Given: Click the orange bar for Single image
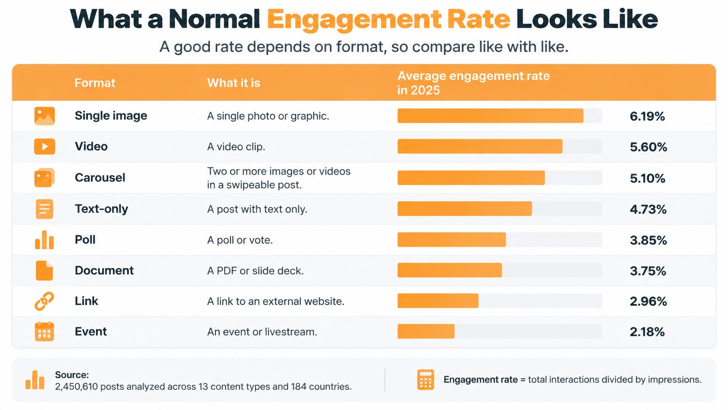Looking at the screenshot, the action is pos(490,116).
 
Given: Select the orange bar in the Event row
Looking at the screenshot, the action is pos(426,331).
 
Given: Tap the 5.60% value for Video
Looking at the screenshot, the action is pos(648,147).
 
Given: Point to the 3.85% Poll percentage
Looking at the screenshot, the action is pos(648,240).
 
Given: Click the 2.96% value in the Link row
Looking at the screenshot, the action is pos(648,302).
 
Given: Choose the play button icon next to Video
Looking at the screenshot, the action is pos(44,146).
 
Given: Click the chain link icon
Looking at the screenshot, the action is pos(44,301).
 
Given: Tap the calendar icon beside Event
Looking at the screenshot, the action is pos(44,331).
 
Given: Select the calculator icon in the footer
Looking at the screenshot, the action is pos(425,380).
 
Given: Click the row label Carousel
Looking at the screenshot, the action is pos(100,177).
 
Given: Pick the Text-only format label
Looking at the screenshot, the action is pos(101,209).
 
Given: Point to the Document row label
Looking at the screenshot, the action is pos(104,271).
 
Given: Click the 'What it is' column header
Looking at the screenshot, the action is pos(234,83).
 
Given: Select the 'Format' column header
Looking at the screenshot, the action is pos(95,83).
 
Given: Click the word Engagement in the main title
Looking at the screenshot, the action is pos(354,20).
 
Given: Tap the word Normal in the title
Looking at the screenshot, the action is pos(214,19).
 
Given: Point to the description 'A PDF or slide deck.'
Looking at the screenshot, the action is pos(256,271).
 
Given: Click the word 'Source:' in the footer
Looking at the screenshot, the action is pos(72,375).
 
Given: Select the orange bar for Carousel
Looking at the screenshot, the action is pos(471,177).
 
